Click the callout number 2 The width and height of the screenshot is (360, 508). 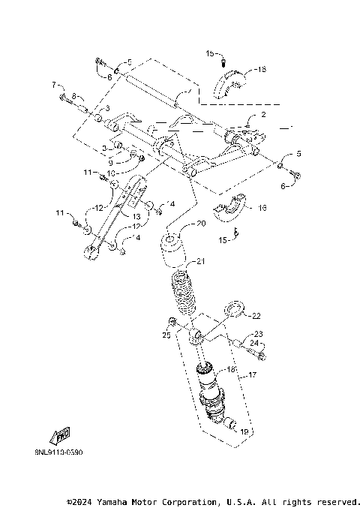[263, 116]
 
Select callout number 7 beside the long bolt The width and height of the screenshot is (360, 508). [54, 83]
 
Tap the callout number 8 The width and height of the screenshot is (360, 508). [74, 96]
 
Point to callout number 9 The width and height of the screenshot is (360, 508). [110, 162]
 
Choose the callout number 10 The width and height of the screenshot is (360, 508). [110, 173]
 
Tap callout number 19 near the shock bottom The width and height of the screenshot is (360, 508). [243, 431]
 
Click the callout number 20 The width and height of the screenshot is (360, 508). [200, 224]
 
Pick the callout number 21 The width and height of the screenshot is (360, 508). [200, 261]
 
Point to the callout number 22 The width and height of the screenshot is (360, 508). [256, 316]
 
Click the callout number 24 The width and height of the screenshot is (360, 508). [253, 344]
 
